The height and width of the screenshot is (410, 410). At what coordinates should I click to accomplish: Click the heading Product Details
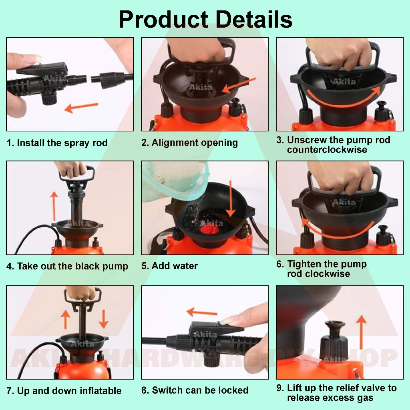(205, 20)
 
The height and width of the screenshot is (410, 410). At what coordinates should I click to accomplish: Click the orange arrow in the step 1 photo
(81, 107)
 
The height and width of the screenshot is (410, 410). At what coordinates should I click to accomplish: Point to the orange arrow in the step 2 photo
(239, 85)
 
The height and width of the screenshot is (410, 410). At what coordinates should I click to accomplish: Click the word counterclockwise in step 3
(327, 150)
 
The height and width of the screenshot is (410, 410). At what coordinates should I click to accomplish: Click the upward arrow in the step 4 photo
(54, 206)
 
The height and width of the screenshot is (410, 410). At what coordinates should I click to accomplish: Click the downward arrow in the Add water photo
(230, 199)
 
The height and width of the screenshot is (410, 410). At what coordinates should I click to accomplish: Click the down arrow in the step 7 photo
(104, 319)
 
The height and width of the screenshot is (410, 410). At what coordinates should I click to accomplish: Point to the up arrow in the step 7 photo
(65, 320)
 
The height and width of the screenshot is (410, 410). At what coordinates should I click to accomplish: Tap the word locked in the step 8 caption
(233, 390)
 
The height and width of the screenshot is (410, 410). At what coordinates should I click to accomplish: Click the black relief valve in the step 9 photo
(334, 340)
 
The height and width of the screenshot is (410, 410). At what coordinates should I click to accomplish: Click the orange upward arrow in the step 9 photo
(362, 332)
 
